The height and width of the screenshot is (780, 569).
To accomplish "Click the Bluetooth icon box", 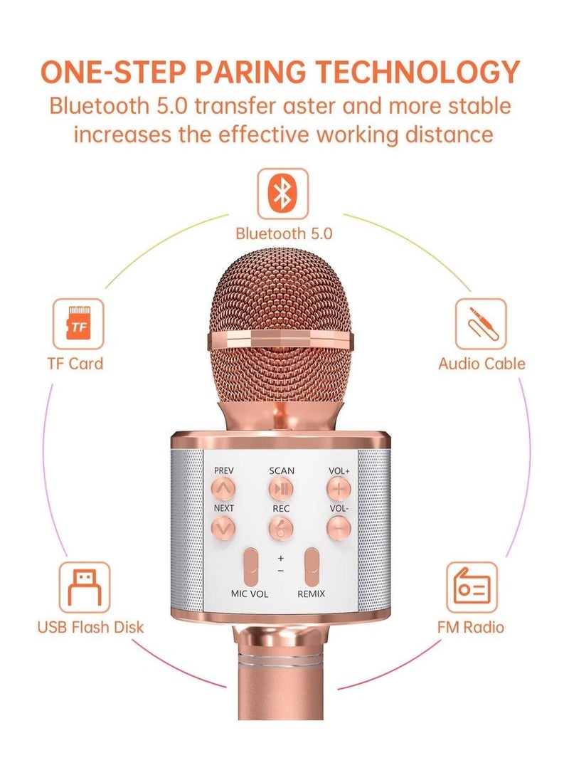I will click(x=282, y=194).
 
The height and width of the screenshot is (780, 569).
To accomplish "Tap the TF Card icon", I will click(x=78, y=324).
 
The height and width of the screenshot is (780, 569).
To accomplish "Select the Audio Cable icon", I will click(x=481, y=324).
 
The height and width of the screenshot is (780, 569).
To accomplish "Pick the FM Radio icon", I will click(x=472, y=587).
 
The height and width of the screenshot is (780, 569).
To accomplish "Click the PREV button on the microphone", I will click(x=223, y=488).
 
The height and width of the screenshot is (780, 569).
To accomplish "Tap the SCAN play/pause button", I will click(x=281, y=488).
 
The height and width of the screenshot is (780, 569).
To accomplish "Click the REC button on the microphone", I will click(x=281, y=527).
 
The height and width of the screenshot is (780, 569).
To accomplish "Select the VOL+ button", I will click(x=339, y=488).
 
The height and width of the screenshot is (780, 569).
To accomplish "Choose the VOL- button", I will click(x=339, y=527).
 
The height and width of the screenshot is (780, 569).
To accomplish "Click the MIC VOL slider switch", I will click(x=250, y=567).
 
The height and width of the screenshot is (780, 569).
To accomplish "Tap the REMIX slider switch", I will click(x=312, y=567).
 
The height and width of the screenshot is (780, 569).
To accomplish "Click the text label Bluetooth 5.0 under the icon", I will click(x=284, y=233).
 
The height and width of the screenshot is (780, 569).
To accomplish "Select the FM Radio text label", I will click(x=470, y=626).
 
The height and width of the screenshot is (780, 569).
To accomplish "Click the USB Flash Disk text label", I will click(x=90, y=626).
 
